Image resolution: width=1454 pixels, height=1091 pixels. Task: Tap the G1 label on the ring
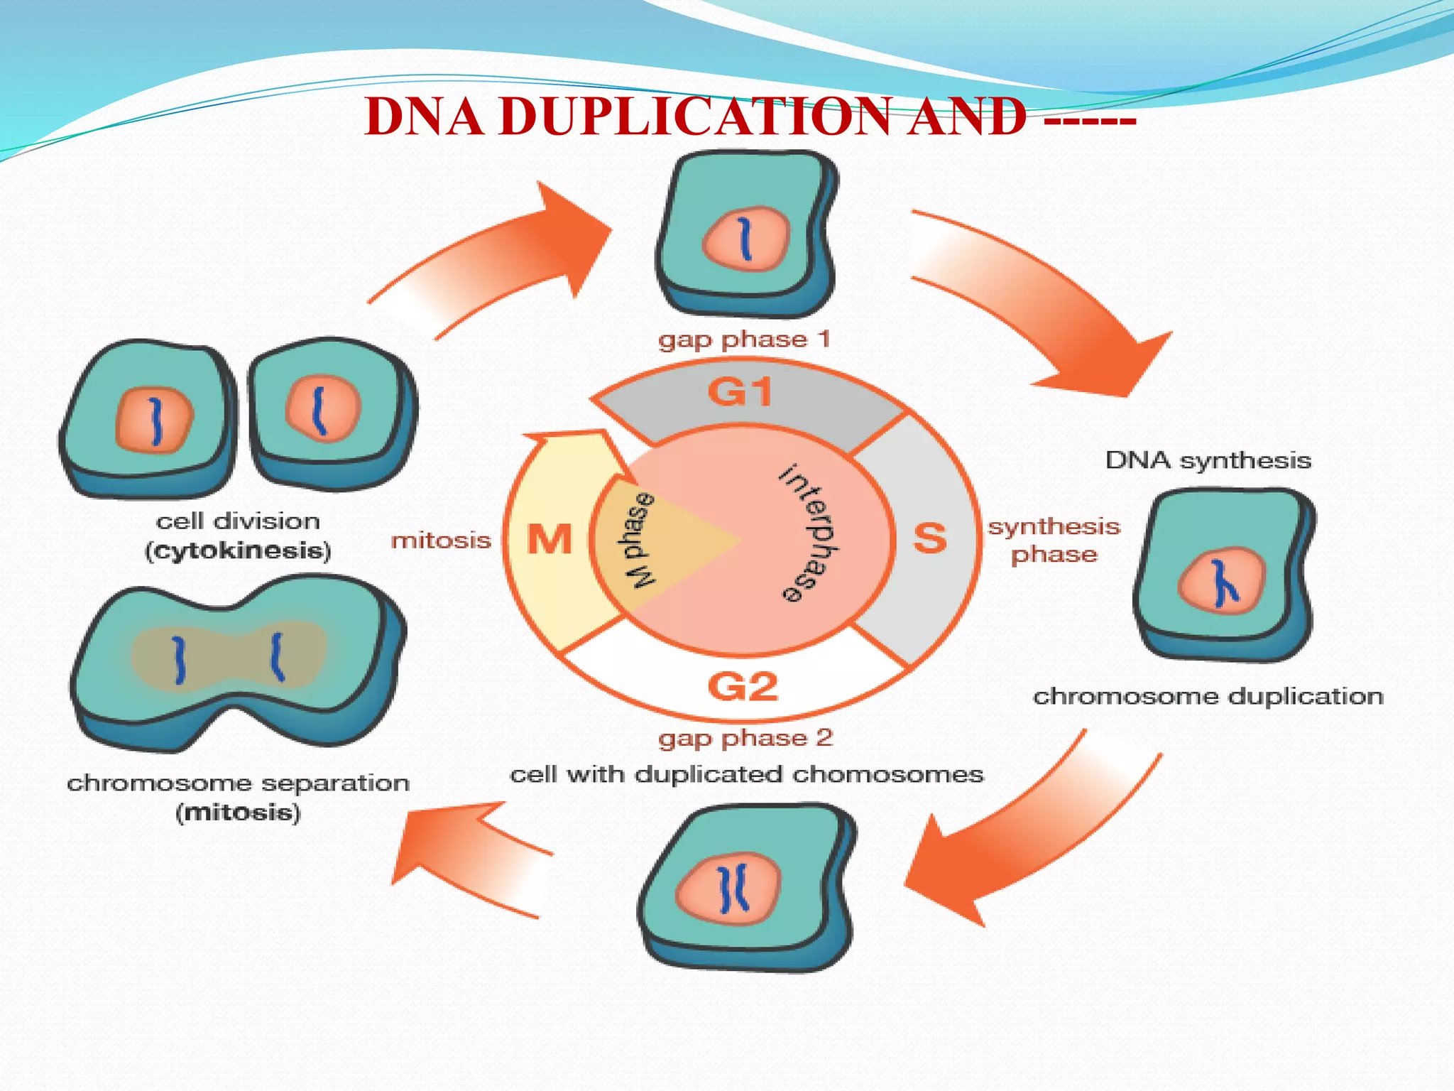tap(740, 392)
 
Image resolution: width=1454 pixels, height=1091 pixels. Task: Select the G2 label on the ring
tap(743, 686)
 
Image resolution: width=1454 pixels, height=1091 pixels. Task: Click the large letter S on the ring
tap(929, 538)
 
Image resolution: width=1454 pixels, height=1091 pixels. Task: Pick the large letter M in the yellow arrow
tap(549, 539)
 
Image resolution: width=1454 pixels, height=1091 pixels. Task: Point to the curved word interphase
tap(810, 533)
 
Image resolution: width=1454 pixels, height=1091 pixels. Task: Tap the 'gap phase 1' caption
tap(744, 340)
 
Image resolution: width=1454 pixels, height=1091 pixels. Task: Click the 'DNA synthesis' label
tap(1208, 460)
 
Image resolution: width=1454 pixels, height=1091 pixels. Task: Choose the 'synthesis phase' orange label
tap(1054, 540)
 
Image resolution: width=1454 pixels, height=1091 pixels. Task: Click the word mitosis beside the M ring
tap(441, 541)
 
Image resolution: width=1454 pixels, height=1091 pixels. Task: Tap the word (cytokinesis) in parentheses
tap(238, 551)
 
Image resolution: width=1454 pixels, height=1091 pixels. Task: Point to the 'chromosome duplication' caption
tap(1208, 696)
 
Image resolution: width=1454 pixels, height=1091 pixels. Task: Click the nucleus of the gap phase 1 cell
tap(745, 239)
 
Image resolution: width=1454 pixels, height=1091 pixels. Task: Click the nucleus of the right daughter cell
tap(322, 410)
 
